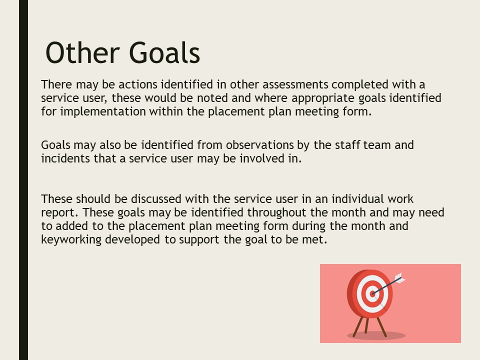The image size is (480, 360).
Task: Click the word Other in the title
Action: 82,52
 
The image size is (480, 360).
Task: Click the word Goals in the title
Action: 164,52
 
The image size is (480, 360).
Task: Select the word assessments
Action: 295,84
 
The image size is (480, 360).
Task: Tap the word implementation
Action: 103,111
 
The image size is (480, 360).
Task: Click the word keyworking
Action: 71,239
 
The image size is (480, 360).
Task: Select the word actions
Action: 138,84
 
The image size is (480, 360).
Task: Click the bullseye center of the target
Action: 372,294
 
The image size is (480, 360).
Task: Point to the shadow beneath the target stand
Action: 376,335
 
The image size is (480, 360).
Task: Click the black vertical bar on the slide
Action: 23,180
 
